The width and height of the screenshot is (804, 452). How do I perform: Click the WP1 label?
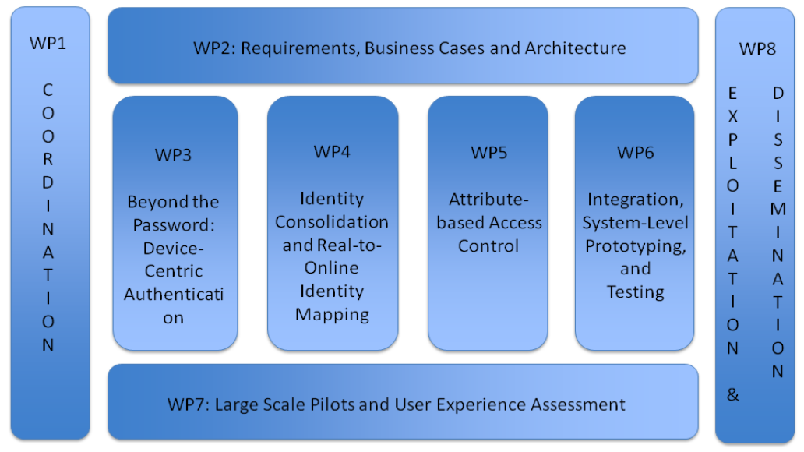pos(48,43)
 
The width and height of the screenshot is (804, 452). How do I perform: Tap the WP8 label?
pos(757,48)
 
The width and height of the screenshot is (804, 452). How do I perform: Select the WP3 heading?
pos(173,154)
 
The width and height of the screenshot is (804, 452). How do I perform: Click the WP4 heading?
pos(332,151)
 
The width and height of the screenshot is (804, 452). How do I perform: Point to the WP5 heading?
pos(488,152)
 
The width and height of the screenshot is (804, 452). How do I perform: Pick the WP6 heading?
pos(635,152)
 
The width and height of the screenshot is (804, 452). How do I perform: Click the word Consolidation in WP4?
pos(332,221)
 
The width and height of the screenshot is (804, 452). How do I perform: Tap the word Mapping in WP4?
pos(332,315)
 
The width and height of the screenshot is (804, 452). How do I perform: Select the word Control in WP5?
pos(488,246)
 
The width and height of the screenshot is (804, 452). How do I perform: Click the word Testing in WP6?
pos(635,292)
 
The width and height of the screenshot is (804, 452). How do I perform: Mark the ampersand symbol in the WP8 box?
pos(732,394)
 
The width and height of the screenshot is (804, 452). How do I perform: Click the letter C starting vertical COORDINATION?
pos(48,90)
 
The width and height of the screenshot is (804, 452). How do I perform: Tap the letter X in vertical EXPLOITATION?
pos(732,116)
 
